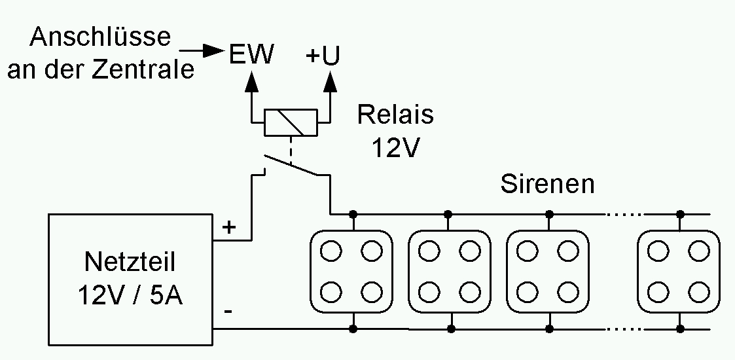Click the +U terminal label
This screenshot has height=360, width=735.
click(323, 57)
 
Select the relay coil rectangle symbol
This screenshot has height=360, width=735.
click(290, 122)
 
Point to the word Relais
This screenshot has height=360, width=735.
click(395, 115)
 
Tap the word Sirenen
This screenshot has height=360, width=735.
click(548, 184)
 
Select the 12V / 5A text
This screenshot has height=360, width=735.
click(130, 297)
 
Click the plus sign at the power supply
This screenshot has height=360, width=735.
click(228, 228)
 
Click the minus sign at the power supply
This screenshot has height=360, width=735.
click(227, 312)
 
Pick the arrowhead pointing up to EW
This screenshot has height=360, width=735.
click(251, 82)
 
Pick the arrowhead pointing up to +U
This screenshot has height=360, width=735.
click(331, 82)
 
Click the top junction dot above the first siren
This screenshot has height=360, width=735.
click(353, 214)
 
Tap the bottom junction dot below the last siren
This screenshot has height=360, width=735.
click(680, 327)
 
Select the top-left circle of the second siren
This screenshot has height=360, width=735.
click(429, 250)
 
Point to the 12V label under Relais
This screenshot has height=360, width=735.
click(395, 148)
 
